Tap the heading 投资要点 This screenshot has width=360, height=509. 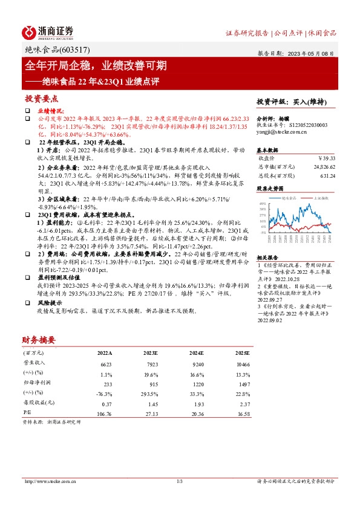pyautogui.click(x=41, y=98)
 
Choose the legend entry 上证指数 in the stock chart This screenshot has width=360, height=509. pyautogui.click(x=321, y=198)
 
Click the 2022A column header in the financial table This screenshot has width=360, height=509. pyautogui.click(x=105, y=352)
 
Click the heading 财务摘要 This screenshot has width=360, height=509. pyautogui.click(x=39, y=339)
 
